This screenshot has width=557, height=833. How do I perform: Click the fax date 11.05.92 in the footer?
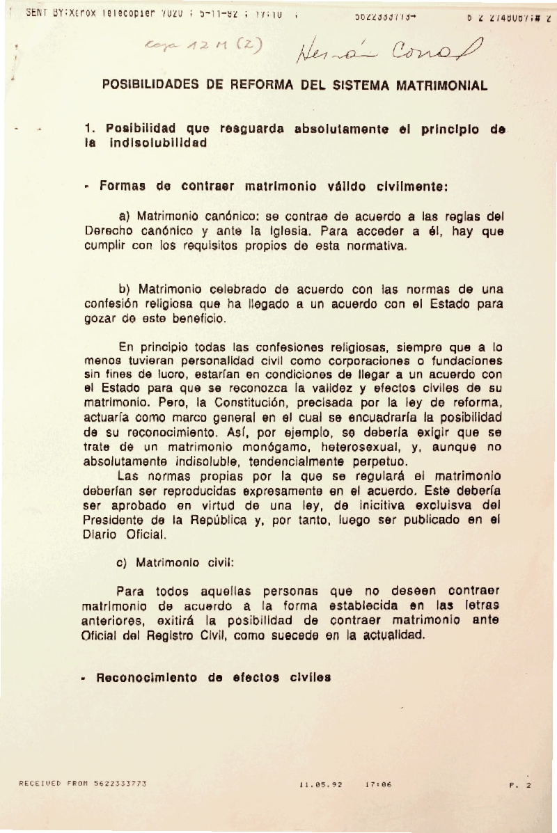(320, 784)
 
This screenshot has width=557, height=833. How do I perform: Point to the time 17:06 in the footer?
(377, 784)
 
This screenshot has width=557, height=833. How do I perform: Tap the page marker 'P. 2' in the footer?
(520, 785)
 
